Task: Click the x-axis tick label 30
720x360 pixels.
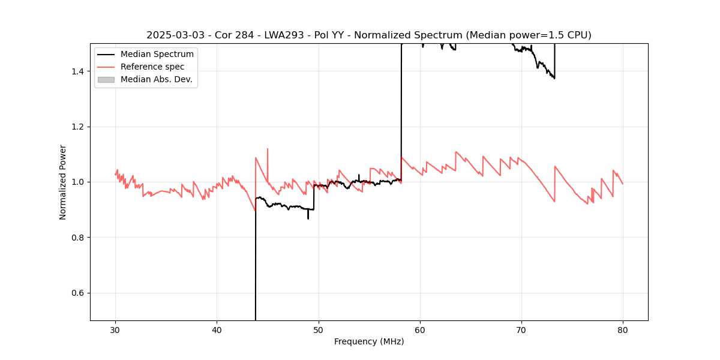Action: pyautogui.click(x=116, y=329)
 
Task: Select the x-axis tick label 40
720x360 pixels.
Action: pyautogui.click(x=217, y=329)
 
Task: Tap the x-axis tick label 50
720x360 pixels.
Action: pyautogui.click(x=319, y=329)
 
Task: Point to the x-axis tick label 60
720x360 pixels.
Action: pyautogui.click(x=420, y=329)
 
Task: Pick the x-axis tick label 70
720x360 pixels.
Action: pyautogui.click(x=521, y=329)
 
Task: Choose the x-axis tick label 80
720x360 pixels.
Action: pyautogui.click(x=623, y=329)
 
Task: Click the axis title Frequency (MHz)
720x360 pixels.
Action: pyautogui.click(x=369, y=341)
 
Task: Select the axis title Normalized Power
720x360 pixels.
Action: pyautogui.click(x=63, y=182)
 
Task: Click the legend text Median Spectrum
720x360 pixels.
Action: pyautogui.click(x=157, y=55)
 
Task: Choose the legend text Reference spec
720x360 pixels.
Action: pyautogui.click(x=152, y=67)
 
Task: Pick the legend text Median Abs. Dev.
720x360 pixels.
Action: pyautogui.click(x=156, y=79)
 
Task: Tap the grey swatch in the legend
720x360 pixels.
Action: pyautogui.click(x=106, y=79)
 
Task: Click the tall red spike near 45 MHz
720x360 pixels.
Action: pyautogui.click(x=268, y=150)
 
